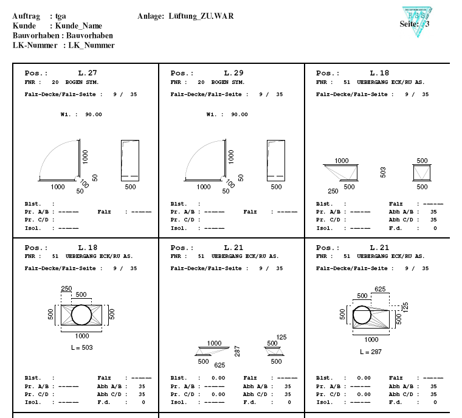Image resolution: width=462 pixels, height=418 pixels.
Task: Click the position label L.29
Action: pyautogui.click(x=234, y=73)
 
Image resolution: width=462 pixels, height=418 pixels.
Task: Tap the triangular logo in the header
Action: pyautogui.click(x=419, y=22)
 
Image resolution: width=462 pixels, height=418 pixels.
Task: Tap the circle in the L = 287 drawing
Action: pyautogui.click(x=362, y=316)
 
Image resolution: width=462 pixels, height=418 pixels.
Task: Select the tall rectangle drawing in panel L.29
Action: pyautogui.click(x=276, y=159)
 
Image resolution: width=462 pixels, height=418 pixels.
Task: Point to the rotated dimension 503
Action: pyautogui.click(x=383, y=173)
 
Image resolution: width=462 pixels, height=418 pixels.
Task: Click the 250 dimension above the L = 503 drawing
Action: pyautogui.click(x=67, y=288)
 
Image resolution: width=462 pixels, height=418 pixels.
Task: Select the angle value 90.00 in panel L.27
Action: pyautogui.click(x=93, y=114)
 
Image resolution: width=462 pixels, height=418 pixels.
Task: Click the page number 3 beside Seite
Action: pyautogui.click(x=427, y=24)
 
